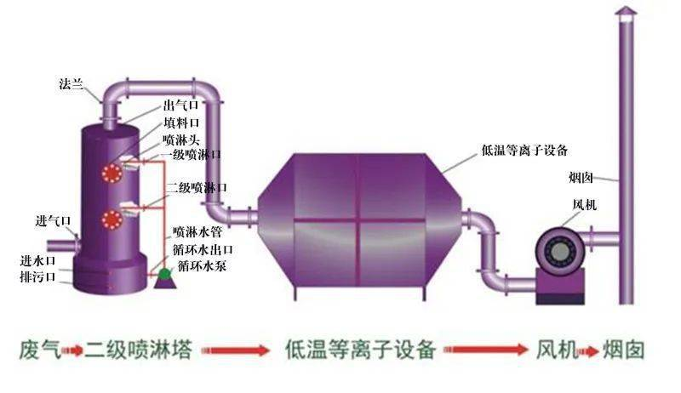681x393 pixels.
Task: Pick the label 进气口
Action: (x=52, y=220)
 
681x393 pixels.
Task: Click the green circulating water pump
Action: (x=164, y=271)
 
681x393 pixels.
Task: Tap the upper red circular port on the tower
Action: (x=109, y=173)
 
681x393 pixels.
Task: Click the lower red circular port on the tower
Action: (x=109, y=219)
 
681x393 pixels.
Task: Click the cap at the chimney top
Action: (x=625, y=11)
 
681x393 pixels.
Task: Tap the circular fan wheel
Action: (x=557, y=253)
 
